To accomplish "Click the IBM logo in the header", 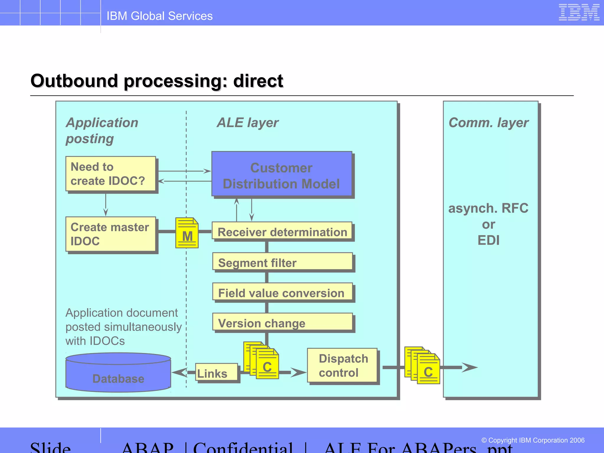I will (x=579, y=12).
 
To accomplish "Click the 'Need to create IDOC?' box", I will (x=111, y=174).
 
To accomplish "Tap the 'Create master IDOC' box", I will (x=111, y=234).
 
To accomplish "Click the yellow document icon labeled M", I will (x=187, y=233).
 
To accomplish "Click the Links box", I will (x=216, y=372).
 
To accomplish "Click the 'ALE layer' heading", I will (x=247, y=123).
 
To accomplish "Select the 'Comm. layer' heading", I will (x=488, y=123).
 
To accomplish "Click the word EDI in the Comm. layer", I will (x=488, y=240).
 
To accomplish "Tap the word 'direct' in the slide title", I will (x=258, y=81).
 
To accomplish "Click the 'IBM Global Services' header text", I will (x=160, y=16).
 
